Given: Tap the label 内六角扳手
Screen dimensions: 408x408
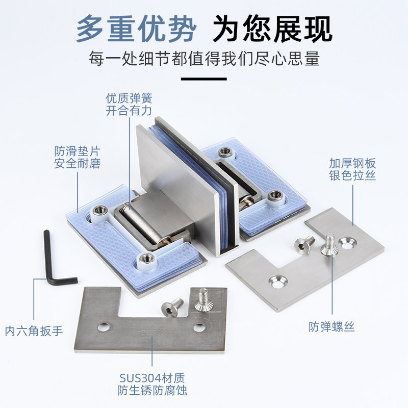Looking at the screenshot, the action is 34,331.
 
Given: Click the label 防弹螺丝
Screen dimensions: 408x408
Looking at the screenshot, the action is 331,326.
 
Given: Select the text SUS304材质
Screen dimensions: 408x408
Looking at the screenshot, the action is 152,378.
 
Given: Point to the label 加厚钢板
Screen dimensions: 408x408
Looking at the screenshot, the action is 352,163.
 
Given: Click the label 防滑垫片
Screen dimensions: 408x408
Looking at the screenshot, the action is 78,151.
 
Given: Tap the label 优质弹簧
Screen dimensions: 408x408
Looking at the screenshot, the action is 129,98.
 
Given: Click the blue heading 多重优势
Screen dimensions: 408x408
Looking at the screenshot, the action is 136,29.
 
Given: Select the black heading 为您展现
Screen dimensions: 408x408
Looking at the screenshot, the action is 272,29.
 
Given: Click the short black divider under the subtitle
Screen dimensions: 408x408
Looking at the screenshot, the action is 203,79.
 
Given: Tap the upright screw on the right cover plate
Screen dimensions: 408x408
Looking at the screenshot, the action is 329,244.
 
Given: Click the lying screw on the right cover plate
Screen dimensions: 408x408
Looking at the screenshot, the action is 304,245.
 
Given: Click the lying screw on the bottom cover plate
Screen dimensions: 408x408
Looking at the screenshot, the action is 172,307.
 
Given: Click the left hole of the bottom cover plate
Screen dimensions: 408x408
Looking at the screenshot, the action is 104,327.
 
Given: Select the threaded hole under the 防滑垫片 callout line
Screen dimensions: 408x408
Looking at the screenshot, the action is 99,209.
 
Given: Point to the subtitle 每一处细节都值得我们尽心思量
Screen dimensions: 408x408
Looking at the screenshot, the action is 204,59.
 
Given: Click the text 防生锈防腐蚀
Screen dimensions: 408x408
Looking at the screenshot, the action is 152,390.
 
